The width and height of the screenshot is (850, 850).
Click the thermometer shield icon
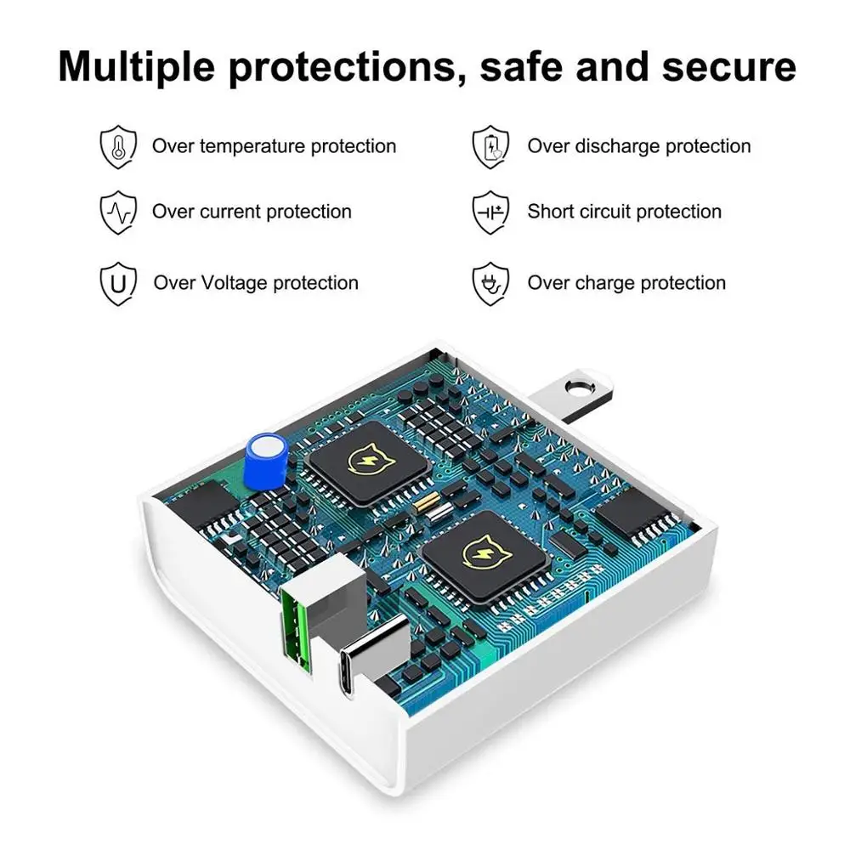118,147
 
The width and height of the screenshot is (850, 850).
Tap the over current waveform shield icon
118,212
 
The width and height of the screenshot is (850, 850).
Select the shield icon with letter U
118,283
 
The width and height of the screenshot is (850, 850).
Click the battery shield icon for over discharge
490,147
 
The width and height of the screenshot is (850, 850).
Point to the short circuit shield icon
490,212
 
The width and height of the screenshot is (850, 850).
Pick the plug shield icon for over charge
490,283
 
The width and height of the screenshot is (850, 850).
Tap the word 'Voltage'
235,283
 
